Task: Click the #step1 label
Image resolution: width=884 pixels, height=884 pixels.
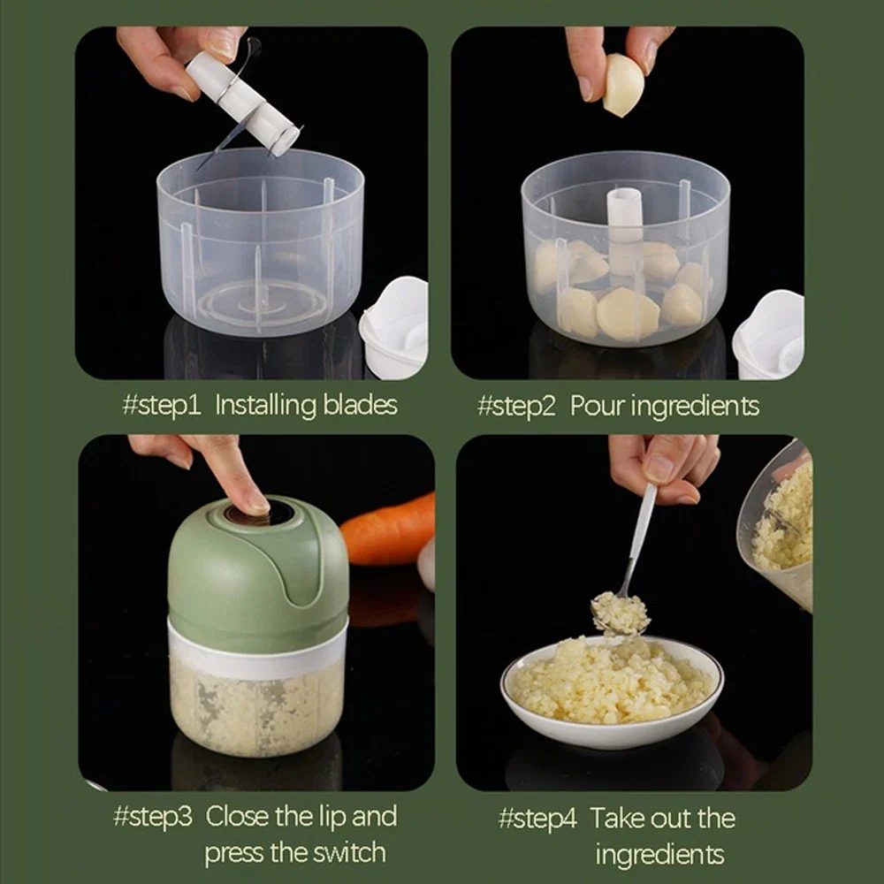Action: coord(162,406)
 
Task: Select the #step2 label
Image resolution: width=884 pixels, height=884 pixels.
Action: coord(516,406)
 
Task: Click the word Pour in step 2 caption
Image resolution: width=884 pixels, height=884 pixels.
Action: coord(597,406)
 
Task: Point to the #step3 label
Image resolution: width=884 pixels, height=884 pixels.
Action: coord(152,816)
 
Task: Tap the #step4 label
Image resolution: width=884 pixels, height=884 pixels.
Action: coord(537,818)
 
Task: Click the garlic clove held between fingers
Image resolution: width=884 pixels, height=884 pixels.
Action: coord(623,86)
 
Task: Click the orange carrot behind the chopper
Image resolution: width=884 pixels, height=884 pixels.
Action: coord(389,530)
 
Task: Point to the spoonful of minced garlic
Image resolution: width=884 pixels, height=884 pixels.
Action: coord(620,613)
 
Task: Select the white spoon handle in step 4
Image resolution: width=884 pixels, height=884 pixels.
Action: coord(641,530)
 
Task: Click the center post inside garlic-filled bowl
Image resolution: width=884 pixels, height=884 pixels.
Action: coord(624,221)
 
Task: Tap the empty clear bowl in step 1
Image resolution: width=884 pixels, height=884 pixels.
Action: coord(260,248)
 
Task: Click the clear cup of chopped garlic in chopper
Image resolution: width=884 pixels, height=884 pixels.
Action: coord(256,707)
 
